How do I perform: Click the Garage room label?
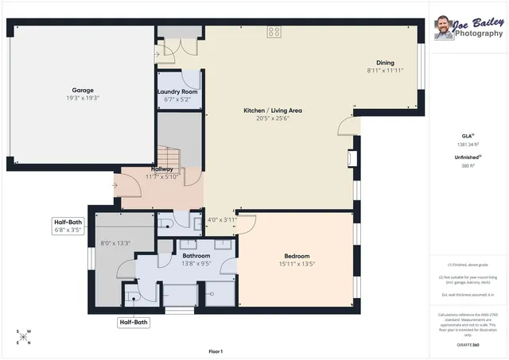(x=84, y=91)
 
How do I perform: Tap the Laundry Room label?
(x=178, y=92)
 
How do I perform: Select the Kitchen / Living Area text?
(x=273, y=110)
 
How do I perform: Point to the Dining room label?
(x=385, y=63)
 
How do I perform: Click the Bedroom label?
(x=297, y=256)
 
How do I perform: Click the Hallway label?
(x=162, y=168)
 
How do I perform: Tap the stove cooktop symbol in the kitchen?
(x=274, y=32)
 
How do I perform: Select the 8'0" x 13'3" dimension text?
(x=115, y=243)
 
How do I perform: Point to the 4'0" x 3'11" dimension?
(x=222, y=220)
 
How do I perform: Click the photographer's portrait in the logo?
(x=444, y=29)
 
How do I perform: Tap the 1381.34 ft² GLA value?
(x=468, y=145)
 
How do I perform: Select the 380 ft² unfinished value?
(x=468, y=166)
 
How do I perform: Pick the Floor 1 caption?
(x=215, y=351)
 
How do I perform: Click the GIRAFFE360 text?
(x=468, y=345)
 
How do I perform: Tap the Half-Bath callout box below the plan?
(x=134, y=323)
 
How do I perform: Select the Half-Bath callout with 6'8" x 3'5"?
(x=68, y=226)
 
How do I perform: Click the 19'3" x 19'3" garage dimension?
(x=84, y=98)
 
